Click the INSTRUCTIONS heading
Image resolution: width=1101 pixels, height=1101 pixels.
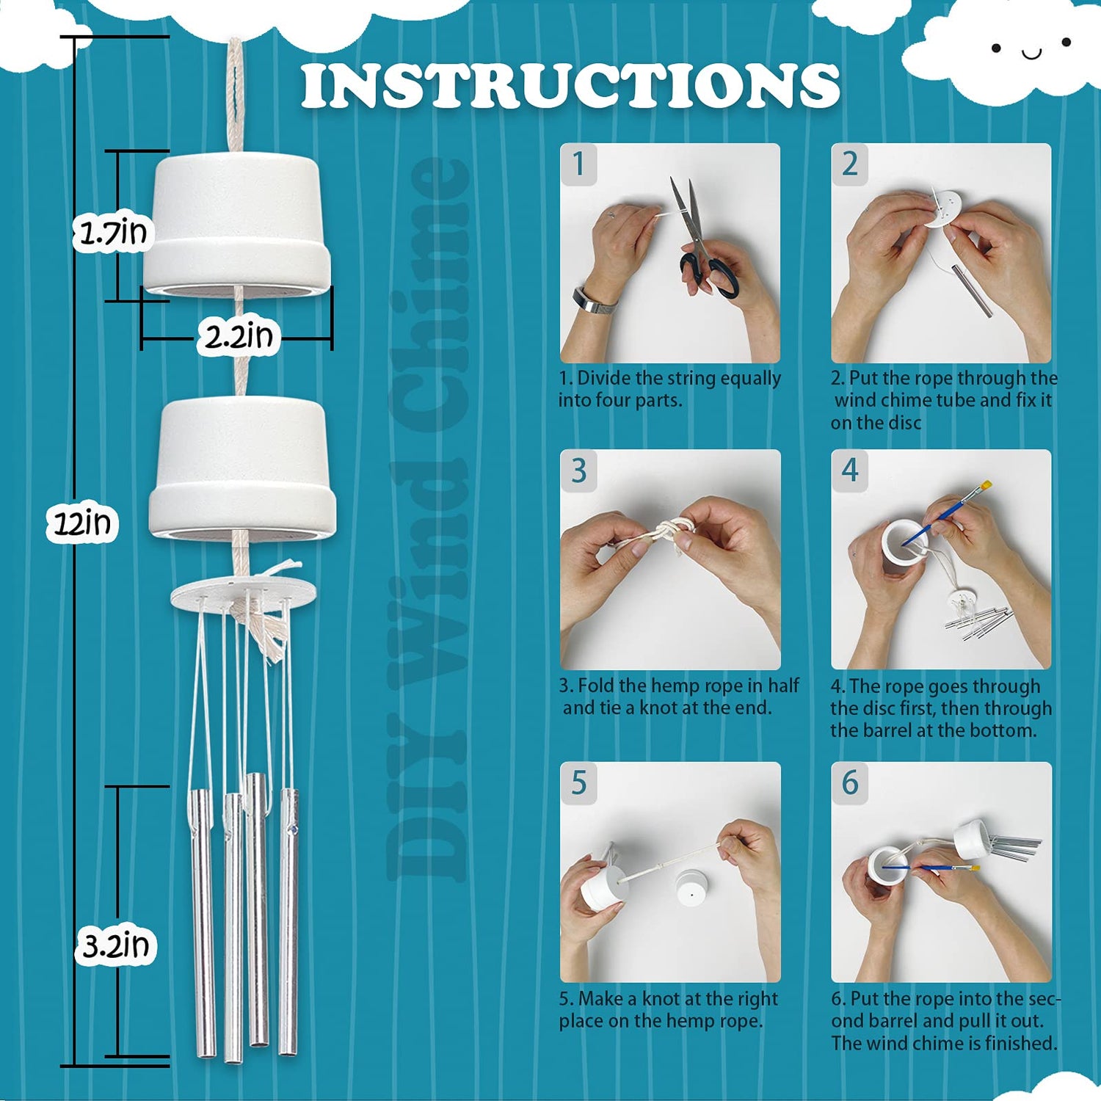(570, 85)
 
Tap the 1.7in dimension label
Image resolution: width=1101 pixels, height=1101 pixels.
(113, 233)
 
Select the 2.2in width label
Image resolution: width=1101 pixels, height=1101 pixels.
(239, 337)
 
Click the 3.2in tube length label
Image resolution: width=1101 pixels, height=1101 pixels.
(116, 945)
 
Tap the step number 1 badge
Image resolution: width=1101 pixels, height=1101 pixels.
(578, 164)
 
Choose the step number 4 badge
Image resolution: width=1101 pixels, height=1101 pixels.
(850, 470)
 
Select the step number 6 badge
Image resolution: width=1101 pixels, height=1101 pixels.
(850, 782)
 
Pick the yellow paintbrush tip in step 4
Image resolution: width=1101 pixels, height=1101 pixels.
(984, 485)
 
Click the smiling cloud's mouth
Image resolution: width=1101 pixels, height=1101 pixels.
(1032, 54)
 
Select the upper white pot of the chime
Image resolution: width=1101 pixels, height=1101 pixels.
(237, 224)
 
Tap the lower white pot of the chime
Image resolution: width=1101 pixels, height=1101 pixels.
(242, 468)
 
